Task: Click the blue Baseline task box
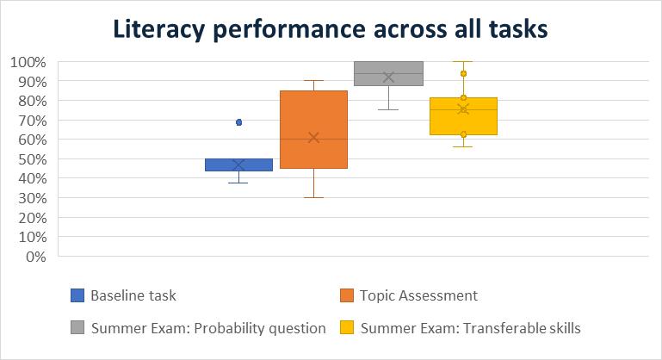click(x=238, y=164)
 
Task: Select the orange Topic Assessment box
click(x=313, y=129)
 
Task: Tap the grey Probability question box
click(x=388, y=73)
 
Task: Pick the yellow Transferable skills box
click(x=463, y=116)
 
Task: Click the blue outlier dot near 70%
click(x=239, y=122)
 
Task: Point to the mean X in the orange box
click(x=313, y=138)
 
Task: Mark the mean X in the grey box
click(x=388, y=78)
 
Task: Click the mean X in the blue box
click(x=239, y=164)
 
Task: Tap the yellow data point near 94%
click(x=463, y=73)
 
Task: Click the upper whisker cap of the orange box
click(x=313, y=80)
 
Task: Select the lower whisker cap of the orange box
click(x=313, y=197)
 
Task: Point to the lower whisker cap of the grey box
click(x=388, y=110)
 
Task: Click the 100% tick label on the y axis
click(x=28, y=62)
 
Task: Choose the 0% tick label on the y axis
click(x=36, y=257)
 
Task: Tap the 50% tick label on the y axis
click(x=32, y=159)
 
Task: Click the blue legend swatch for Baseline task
click(x=77, y=295)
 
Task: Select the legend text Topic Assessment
click(x=418, y=295)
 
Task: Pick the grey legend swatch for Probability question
click(x=77, y=327)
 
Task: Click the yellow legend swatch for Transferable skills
click(x=347, y=327)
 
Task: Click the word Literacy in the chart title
click(x=158, y=29)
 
